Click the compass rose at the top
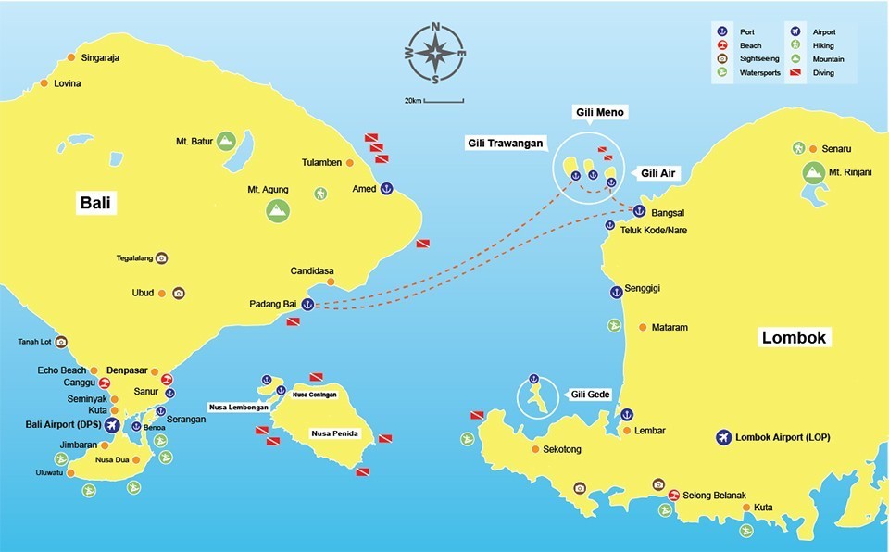(434, 53)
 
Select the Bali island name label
(95, 203)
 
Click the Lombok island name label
(794, 337)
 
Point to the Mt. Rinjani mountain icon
(813, 172)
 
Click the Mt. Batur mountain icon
(227, 142)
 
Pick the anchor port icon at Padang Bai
(307, 304)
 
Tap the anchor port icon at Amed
(387, 188)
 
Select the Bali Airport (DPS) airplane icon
(113, 425)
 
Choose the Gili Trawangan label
(506, 144)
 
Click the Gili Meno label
(599, 112)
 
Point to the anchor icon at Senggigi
(614, 292)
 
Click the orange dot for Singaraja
(72, 58)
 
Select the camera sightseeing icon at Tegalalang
(161, 257)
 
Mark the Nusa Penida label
(334, 433)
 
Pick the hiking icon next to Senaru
(798, 148)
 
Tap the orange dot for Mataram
(644, 327)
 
